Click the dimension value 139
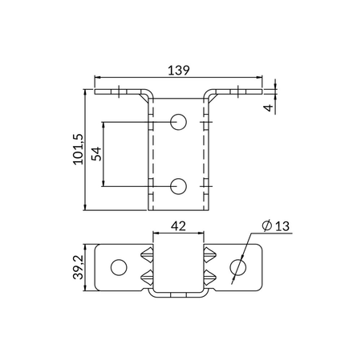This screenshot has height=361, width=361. pyautogui.click(x=178, y=71)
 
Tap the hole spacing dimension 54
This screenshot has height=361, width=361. pyautogui.click(x=96, y=153)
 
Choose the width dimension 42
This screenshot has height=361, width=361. pyautogui.click(x=178, y=227)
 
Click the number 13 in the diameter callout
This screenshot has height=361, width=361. pyautogui.click(x=281, y=227)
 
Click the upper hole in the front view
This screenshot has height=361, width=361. pyautogui.click(x=178, y=122)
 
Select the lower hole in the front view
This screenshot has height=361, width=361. pyautogui.click(x=178, y=186)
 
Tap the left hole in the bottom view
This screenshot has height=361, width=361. pyautogui.click(x=118, y=266)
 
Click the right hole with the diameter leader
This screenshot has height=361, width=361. pyautogui.click(x=238, y=266)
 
